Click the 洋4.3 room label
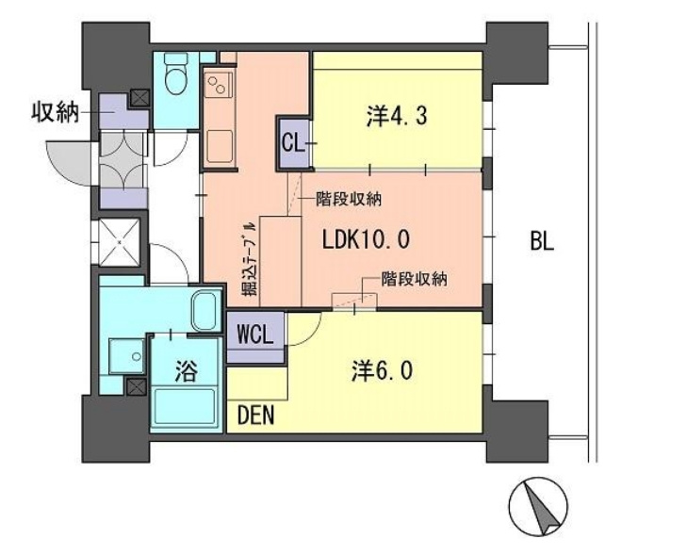click(x=397, y=117)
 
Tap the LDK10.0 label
click(x=366, y=239)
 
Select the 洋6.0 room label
click(x=382, y=371)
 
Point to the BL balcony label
click(x=542, y=240)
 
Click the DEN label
click(x=256, y=416)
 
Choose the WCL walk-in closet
click(x=255, y=336)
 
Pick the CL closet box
click(x=293, y=143)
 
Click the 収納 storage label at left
click(x=55, y=112)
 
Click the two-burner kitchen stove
click(x=217, y=85)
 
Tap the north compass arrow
click(x=543, y=507)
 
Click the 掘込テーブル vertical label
click(x=250, y=259)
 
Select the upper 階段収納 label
click(x=349, y=200)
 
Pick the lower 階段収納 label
click(x=414, y=279)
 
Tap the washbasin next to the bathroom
click(x=126, y=356)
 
